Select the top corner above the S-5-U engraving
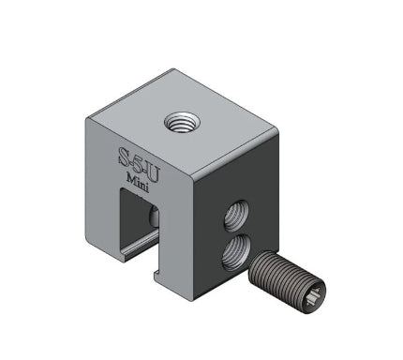click(x=89, y=116)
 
